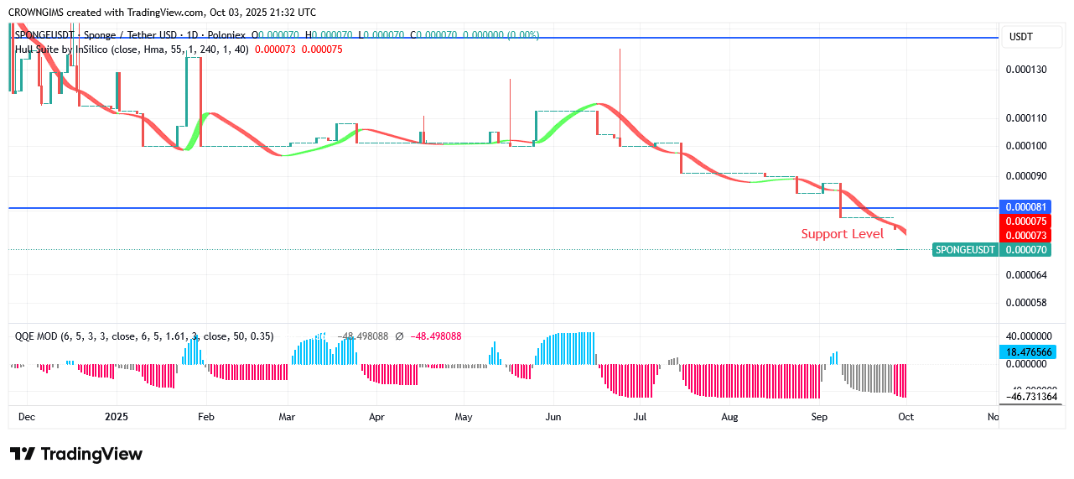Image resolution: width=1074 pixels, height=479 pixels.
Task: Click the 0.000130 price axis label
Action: click(1026, 69)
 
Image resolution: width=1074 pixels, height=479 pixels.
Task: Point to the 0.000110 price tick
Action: click(1026, 118)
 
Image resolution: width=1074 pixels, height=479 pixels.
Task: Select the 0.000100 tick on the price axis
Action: click(1026, 146)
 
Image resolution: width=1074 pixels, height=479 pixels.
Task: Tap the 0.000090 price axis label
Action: click(1026, 176)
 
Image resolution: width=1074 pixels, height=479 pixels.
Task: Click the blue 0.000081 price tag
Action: click(1026, 206)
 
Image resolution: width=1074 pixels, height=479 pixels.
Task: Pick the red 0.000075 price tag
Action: click(1026, 221)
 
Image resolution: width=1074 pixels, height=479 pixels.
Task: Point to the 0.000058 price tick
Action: click(1026, 302)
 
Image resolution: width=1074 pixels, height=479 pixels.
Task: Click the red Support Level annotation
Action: click(842, 234)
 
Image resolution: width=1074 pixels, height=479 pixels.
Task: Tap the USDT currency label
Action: click(1021, 37)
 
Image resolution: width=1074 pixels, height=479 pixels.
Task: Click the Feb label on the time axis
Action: click(205, 416)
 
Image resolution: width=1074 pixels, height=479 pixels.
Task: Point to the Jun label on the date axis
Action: click(553, 416)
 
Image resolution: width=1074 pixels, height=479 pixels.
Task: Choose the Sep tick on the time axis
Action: click(819, 416)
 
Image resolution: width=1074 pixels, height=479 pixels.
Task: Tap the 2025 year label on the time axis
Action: click(116, 416)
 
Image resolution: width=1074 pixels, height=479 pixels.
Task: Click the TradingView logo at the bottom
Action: click(76, 454)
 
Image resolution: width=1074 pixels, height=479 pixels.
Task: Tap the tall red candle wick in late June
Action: click(620, 84)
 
